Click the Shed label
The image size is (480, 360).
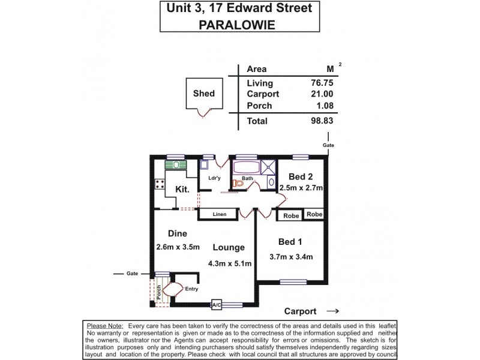[204, 94]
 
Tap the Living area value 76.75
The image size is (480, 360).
[319, 83]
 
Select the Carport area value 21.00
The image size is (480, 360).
[319, 94]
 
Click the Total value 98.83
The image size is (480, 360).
[319, 121]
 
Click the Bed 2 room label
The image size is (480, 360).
[300, 176]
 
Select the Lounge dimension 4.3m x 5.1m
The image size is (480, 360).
[229, 263]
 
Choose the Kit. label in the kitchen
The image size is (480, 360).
[182, 189]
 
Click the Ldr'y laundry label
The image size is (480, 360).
[215, 178]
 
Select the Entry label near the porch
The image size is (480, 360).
[192, 289]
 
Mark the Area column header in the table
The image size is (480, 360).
[257, 69]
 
